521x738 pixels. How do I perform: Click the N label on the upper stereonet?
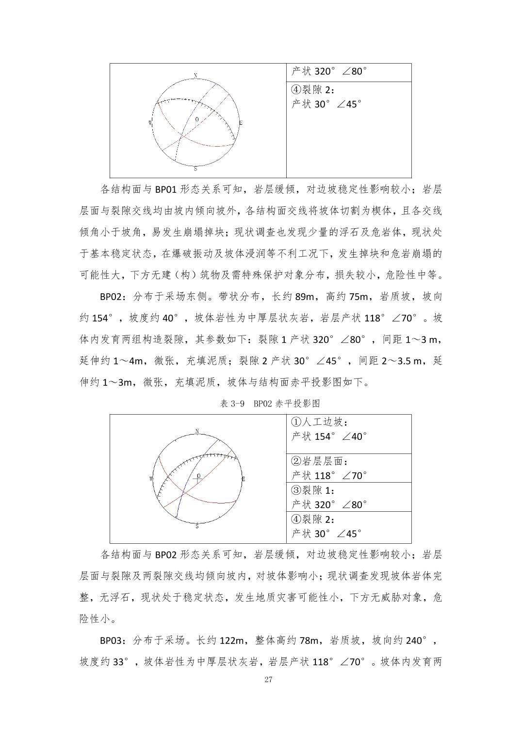(x=195, y=76)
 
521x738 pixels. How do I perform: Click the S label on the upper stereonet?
(x=195, y=169)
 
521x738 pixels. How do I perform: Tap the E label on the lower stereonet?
(x=243, y=479)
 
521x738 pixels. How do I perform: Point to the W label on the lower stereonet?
(x=151, y=479)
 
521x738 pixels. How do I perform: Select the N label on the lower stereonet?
(x=197, y=432)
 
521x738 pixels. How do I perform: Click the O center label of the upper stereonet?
(x=196, y=119)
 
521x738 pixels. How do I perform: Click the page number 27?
(x=268, y=680)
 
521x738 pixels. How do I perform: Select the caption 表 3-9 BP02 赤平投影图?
(x=270, y=403)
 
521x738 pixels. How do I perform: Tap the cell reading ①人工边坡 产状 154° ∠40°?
(x=348, y=435)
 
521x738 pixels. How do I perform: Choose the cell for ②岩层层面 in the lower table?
(x=348, y=469)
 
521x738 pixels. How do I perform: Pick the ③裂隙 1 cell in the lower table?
(x=348, y=497)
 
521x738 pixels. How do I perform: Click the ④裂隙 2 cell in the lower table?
(x=348, y=527)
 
